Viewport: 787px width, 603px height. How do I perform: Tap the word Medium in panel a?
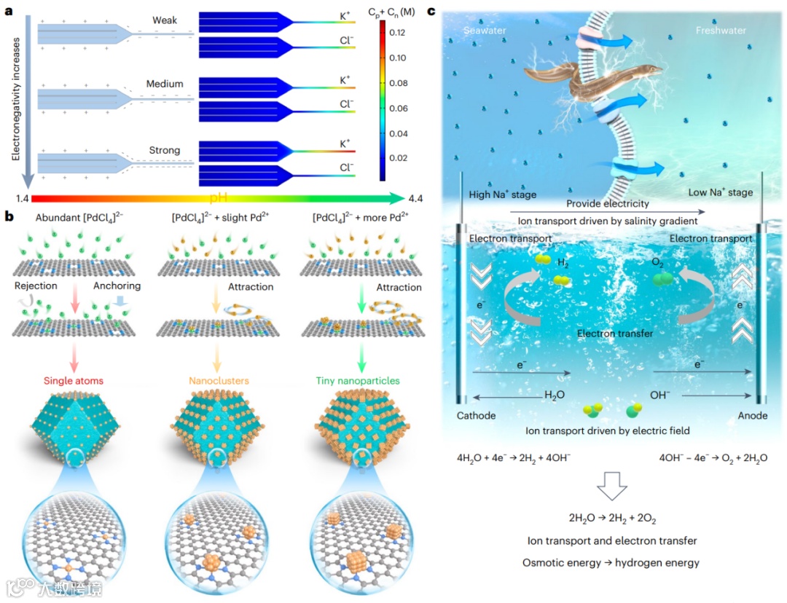pyautogui.click(x=165, y=84)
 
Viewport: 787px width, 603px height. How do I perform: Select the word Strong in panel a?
pyautogui.click(x=164, y=151)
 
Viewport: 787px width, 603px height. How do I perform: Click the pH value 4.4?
pyautogui.click(x=416, y=198)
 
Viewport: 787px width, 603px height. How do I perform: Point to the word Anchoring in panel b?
pyautogui.click(x=117, y=286)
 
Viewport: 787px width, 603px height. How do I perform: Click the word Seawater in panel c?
pyautogui.click(x=485, y=31)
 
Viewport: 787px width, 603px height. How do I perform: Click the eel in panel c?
pyautogui.click(x=598, y=80)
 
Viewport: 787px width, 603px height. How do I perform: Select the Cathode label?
pyautogui.click(x=475, y=416)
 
